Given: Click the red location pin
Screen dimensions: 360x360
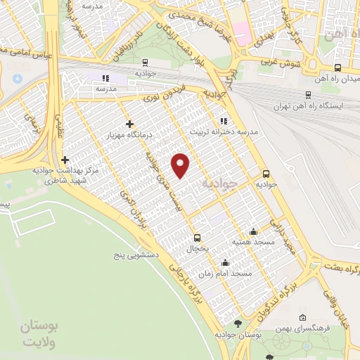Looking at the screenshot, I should [181, 165].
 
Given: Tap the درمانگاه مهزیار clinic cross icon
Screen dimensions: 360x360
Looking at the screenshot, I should [129, 124].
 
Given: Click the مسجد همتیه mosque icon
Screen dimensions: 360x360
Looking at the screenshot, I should [253, 232].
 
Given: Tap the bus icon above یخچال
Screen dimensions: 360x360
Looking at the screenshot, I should [197, 238].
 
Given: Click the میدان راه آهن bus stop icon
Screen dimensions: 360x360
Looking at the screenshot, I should [338, 68].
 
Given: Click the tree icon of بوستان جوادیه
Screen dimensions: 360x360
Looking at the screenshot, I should [238, 323].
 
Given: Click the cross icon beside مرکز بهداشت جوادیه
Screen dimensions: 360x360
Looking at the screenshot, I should [65, 160].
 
